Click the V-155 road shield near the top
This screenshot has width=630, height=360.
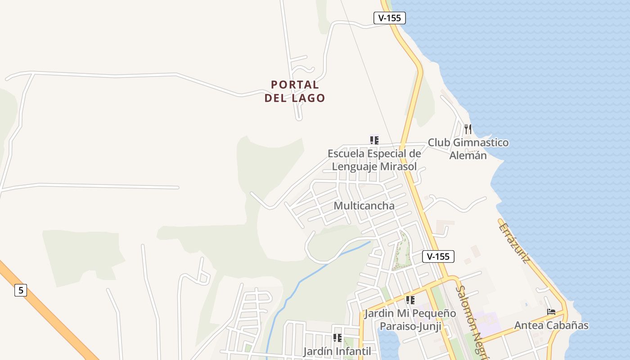tap(390, 18)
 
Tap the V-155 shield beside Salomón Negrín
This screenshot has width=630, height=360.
tap(438, 256)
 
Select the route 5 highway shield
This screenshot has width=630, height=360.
tap(21, 290)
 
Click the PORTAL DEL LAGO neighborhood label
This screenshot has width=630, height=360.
tap(295, 91)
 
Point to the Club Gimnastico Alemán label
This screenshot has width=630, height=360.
tap(468, 149)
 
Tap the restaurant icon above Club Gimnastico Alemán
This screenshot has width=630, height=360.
tap(468, 129)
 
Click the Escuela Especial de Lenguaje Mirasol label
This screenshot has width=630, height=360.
tap(374, 160)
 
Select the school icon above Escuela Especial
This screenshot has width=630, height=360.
tap(374, 140)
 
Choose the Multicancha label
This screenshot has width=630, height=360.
tap(364, 206)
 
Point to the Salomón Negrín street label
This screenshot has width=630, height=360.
tap(471, 322)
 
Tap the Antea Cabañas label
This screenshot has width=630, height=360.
tap(551, 325)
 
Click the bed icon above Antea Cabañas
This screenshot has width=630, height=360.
tap(551, 311)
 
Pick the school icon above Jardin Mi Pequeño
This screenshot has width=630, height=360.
tap(410, 300)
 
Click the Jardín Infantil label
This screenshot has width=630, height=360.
tap(337, 351)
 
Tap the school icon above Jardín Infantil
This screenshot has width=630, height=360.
tap(337, 337)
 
